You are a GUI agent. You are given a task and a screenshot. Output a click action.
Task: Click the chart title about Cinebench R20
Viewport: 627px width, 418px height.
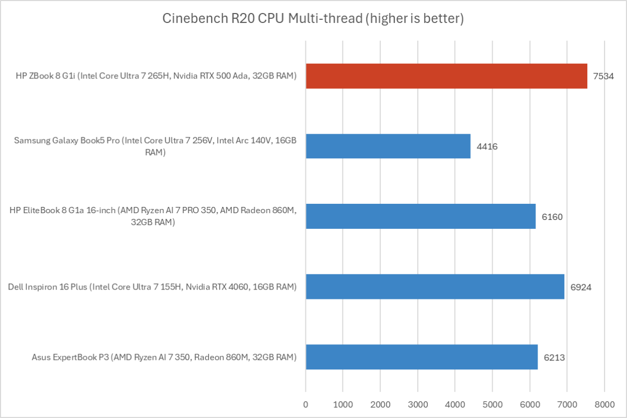point(313,19)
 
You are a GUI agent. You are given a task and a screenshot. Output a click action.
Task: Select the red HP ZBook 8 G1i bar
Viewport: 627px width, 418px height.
point(446,76)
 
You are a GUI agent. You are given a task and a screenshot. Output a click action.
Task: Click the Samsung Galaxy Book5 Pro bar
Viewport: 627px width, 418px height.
point(388,146)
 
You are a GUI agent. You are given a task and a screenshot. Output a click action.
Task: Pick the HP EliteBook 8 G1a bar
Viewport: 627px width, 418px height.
point(420,216)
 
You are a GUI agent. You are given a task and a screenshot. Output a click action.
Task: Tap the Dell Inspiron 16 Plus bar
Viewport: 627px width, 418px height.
point(435,287)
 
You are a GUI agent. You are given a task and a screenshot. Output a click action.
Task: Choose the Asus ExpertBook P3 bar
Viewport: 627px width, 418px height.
point(421,357)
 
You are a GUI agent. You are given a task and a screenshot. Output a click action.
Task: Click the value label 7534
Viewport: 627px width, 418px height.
point(603,76)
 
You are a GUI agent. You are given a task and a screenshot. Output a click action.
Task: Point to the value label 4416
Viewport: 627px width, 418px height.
point(486,146)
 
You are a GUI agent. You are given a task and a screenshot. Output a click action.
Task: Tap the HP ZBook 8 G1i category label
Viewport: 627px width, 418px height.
point(156,76)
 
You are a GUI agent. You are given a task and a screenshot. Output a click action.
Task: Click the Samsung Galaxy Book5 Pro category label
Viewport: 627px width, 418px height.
point(156,146)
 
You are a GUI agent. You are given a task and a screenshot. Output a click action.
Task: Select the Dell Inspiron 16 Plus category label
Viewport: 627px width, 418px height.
point(153,287)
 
